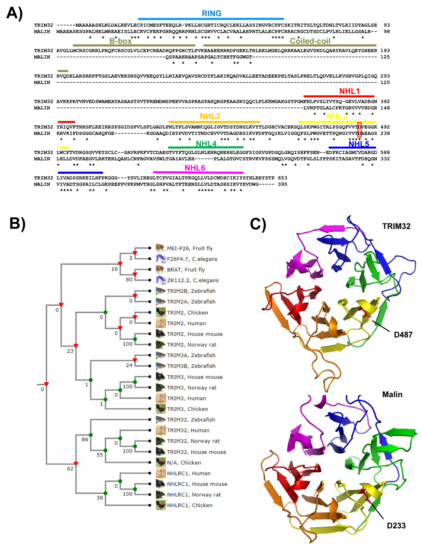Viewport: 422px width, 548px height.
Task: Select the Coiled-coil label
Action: click(x=310, y=41)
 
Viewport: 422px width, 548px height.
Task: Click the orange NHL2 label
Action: click(x=210, y=116)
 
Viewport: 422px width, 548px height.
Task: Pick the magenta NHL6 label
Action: click(x=195, y=168)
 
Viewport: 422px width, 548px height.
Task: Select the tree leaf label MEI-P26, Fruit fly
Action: click(x=190, y=248)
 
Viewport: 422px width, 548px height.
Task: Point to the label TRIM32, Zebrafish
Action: click(x=191, y=419)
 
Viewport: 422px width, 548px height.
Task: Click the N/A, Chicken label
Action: click(x=184, y=462)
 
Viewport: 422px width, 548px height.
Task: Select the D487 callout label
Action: click(x=403, y=334)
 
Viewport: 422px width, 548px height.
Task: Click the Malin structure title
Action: click(x=392, y=394)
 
